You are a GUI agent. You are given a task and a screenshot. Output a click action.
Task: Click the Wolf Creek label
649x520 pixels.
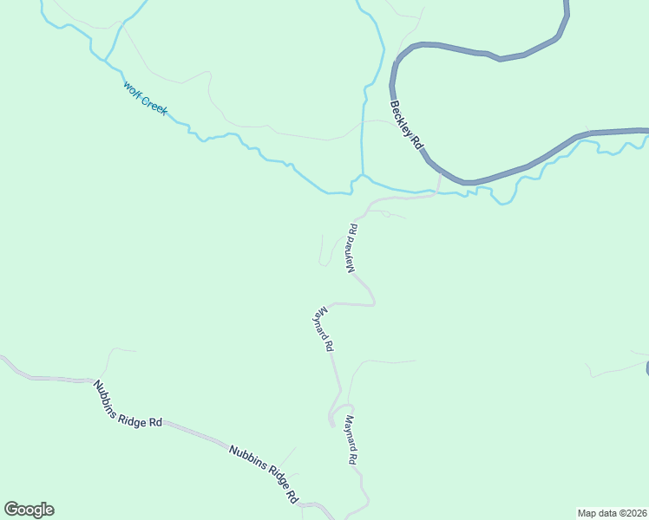click(x=145, y=100)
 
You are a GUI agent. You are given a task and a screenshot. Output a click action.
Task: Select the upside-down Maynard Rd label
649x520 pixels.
click(x=353, y=250)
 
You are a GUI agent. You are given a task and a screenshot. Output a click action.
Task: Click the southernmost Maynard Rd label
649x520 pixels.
click(x=351, y=441)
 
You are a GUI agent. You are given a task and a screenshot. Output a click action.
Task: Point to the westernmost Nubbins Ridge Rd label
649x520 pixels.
click(x=128, y=405)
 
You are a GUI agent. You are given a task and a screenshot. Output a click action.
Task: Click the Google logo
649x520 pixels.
click(x=29, y=510)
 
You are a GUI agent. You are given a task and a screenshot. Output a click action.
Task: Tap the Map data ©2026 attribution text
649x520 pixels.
click(x=613, y=512)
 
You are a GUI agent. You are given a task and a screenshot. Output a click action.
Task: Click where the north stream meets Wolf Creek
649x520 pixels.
click(x=362, y=176)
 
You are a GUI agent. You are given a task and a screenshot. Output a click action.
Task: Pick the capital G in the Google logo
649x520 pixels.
click(x=11, y=510)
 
